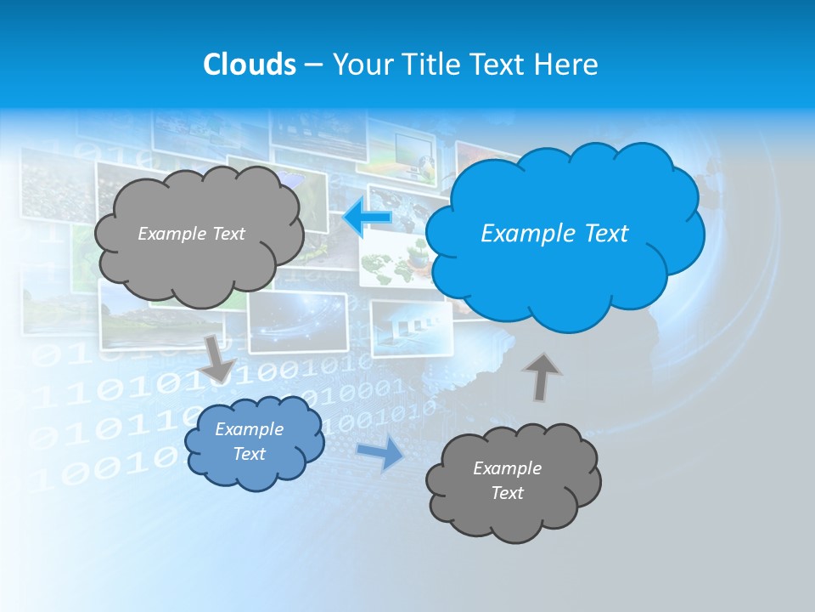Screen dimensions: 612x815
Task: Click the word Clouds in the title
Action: click(249, 64)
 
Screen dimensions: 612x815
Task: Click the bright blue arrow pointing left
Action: click(367, 219)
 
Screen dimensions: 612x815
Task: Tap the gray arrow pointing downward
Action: click(219, 358)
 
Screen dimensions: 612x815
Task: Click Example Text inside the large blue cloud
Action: click(554, 233)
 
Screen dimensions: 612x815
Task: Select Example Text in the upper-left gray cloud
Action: click(191, 233)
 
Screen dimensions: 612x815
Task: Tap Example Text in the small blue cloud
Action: click(249, 441)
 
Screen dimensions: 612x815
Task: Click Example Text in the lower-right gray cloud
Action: click(507, 480)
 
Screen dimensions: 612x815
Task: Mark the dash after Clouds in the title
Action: click(313, 65)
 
